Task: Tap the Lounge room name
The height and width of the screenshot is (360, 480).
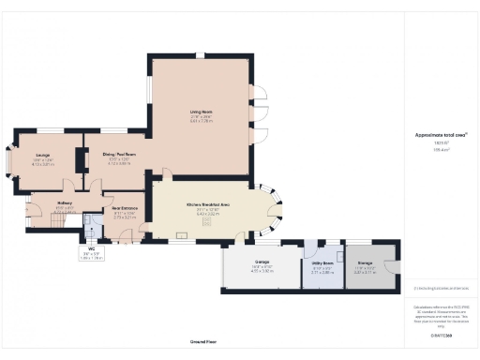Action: click(x=43, y=155)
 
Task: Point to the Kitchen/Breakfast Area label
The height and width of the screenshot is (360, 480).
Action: click(x=207, y=203)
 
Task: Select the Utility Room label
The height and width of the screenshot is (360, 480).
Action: click(x=322, y=263)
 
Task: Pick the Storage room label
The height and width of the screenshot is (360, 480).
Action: click(x=365, y=263)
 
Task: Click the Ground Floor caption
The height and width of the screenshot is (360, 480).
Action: click(x=202, y=342)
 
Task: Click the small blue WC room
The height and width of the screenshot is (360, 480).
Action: click(x=91, y=227)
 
